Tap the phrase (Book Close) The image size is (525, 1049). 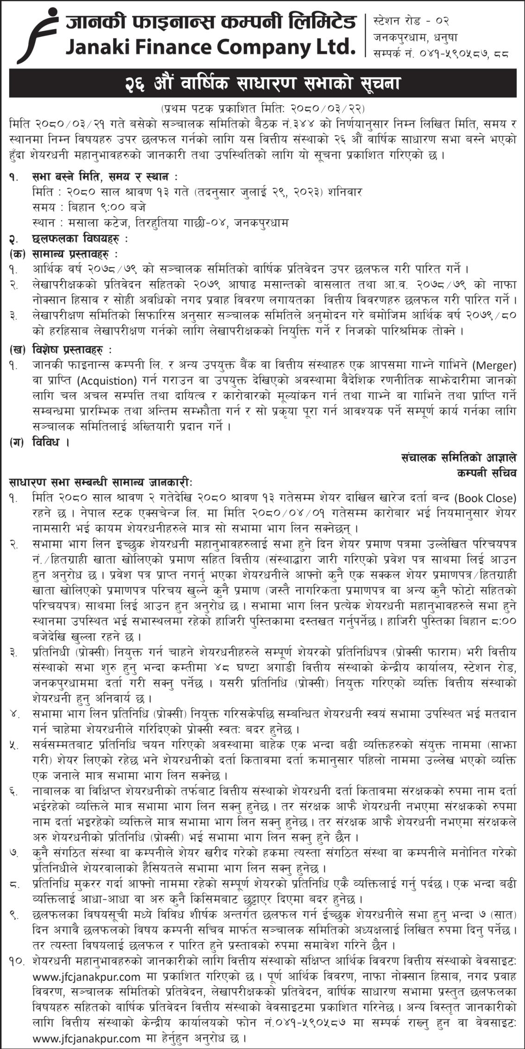[486, 498]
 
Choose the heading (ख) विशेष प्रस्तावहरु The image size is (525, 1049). [61, 348]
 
